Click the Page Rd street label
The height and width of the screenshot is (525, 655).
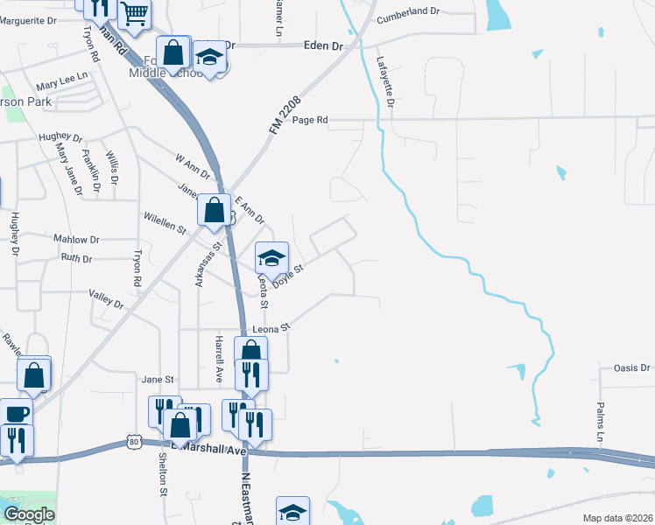pos(310,120)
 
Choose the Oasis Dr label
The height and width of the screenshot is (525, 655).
pos(632,368)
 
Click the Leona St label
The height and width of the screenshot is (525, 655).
pos(271,328)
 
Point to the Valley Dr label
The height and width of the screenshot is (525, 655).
pos(107,299)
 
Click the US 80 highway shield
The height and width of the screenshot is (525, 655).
pos(133,441)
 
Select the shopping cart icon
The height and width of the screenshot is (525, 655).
pos(134,12)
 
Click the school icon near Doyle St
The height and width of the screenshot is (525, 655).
pos(272,256)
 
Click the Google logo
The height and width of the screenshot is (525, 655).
pos(30,514)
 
